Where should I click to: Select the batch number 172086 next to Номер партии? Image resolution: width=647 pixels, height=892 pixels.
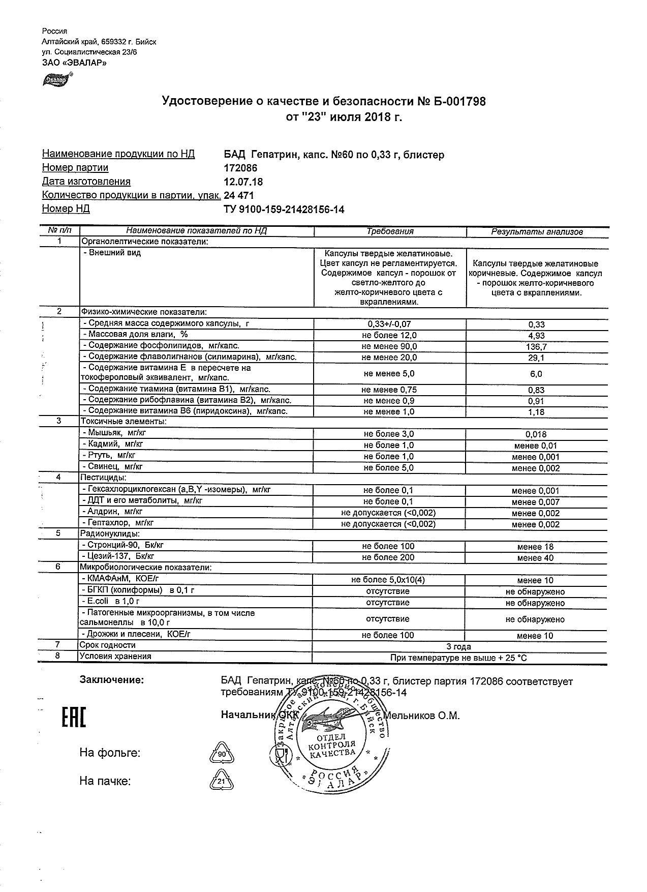[x=240, y=168]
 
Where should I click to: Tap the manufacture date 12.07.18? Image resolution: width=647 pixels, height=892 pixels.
[x=243, y=182]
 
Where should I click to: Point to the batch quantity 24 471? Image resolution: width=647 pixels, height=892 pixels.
[x=239, y=195]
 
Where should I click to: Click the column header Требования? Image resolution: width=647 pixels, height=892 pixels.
[x=390, y=231]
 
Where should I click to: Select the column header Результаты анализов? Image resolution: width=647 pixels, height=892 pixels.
[x=536, y=232]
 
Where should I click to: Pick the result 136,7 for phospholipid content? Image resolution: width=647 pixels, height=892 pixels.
[x=537, y=347]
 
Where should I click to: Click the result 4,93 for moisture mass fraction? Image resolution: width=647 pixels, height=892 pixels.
[x=537, y=336]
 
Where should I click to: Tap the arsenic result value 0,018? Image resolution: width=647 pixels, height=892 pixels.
[x=536, y=434]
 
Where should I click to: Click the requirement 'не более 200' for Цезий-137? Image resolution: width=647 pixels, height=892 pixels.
[x=389, y=557]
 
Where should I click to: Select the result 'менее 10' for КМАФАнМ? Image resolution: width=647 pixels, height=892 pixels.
[x=535, y=580]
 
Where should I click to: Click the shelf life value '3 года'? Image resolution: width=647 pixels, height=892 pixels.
[x=458, y=647]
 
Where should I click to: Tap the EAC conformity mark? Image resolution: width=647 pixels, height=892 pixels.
[x=74, y=717]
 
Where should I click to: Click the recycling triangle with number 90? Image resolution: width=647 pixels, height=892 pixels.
[x=222, y=754]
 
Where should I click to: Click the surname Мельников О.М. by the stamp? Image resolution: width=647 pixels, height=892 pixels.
[x=421, y=716]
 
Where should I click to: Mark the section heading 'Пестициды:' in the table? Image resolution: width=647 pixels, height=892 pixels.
[x=104, y=478]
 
